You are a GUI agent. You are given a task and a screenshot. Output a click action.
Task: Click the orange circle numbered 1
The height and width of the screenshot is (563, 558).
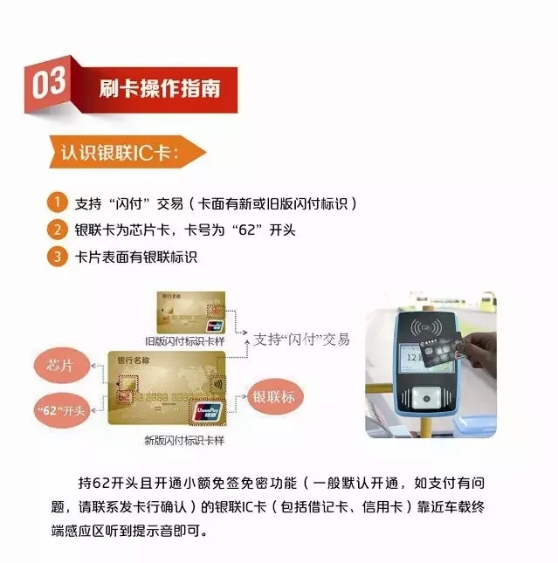(x=55, y=203)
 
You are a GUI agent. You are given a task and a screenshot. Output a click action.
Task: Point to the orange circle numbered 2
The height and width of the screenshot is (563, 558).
(x=55, y=230)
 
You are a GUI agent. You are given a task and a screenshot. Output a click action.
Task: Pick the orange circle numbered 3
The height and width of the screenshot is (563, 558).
(x=55, y=257)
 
